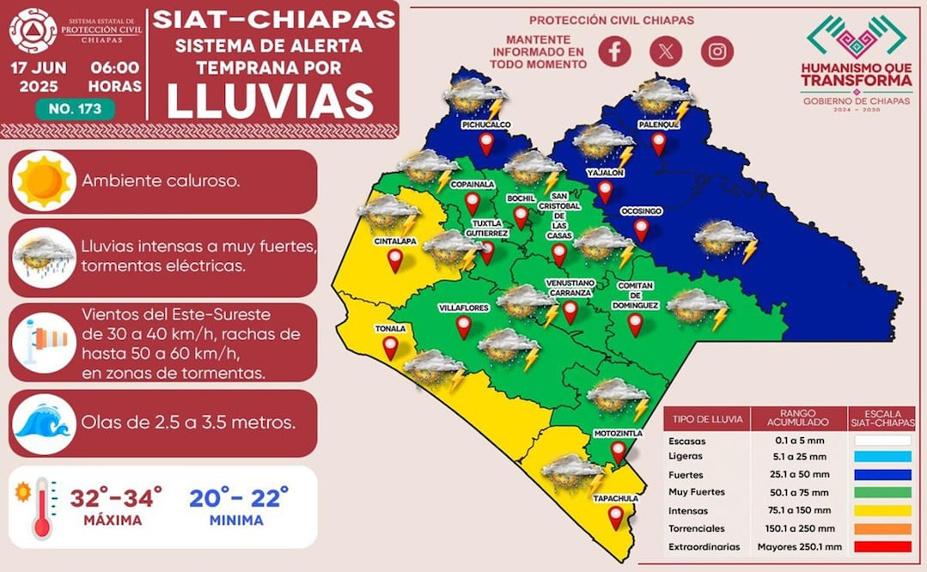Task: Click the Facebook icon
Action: coord(614,51)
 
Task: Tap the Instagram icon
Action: coord(717,51)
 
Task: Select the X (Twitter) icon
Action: coord(666,51)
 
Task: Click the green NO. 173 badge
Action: coord(75,109)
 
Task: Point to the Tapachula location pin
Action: coord(615,517)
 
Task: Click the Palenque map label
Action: coord(659,125)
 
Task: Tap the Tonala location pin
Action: coord(390,347)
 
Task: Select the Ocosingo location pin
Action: coord(641,229)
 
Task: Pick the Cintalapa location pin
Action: coord(395,260)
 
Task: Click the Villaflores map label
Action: coord(464,306)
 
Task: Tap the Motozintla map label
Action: coord(618,434)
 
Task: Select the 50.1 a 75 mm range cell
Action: coord(798,492)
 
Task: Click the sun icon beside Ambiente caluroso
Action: coord(44,181)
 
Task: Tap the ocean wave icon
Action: coord(44,423)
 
